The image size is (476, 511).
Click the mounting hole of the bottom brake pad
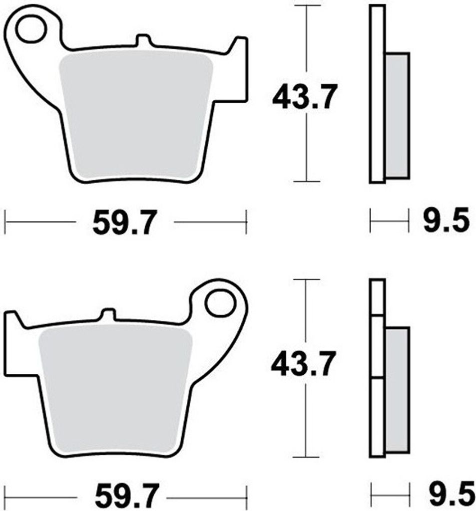[221, 303]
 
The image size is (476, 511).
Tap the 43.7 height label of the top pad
[304, 97]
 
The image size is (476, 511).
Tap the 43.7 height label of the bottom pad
[303, 364]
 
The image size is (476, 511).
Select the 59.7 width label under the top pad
[125, 222]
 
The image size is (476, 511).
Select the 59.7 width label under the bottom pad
[127, 498]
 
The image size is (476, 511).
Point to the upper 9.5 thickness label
[447, 220]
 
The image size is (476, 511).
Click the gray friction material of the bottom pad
[116, 389]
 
